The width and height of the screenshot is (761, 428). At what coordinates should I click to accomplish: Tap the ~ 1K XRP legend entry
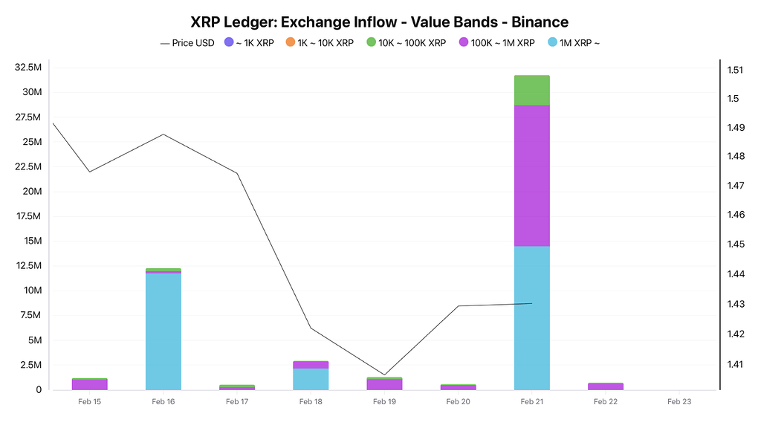coord(249,43)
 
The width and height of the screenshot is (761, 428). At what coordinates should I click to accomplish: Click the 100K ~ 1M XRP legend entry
coord(496,43)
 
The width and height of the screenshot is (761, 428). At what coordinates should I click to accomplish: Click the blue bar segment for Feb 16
coord(163,331)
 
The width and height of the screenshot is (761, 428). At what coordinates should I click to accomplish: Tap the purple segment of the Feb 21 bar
coord(532,175)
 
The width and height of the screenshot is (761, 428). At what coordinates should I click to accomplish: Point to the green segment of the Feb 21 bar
coord(532,91)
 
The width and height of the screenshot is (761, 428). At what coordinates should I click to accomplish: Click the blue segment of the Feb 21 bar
coord(532,318)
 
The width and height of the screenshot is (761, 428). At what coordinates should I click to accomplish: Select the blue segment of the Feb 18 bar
coord(311,379)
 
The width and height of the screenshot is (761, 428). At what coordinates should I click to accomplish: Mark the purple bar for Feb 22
coord(606,386)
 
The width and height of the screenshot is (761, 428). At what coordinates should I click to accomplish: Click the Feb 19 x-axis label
coord(384,402)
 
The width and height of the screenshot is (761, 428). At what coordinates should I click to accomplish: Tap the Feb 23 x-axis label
coord(679,402)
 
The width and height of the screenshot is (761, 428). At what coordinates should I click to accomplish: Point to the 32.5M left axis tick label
coord(28,68)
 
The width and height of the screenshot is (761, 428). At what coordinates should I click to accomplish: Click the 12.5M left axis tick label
coord(28,266)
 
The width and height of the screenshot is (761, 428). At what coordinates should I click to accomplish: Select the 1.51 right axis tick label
coord(735,71)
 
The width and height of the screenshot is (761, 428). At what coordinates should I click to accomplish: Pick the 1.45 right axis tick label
coord(735,244)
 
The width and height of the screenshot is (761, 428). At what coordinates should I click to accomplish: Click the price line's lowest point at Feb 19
coord(384,375)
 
